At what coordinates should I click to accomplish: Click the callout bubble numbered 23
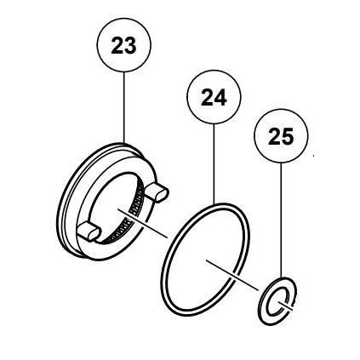(x=124, y=45)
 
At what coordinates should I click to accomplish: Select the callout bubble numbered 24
(x=214, y=97)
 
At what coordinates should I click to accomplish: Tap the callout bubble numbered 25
(x=281, y=136)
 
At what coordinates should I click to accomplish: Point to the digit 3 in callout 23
(x=131, y=46)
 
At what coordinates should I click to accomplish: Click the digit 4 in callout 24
(x=220, y=98)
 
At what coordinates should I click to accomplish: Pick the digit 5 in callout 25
(x=288, y=137)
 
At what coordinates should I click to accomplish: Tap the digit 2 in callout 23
(x=117, y=45)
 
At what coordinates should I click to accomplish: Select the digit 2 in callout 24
(x=208, y=97)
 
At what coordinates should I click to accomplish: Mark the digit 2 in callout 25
(x=275, y=136)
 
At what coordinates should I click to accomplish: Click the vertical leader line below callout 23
(x=124, y=107)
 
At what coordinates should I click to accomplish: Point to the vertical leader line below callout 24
(x=214, y=164)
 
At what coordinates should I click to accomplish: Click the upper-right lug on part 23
(x=157, y=191)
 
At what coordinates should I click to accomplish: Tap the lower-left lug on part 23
(x=89, y=231)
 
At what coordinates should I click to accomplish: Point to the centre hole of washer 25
(x=277, y=302)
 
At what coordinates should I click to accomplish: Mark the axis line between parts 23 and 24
(x=143, y=223)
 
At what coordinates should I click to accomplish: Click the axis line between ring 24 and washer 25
(x=232, y=275)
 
